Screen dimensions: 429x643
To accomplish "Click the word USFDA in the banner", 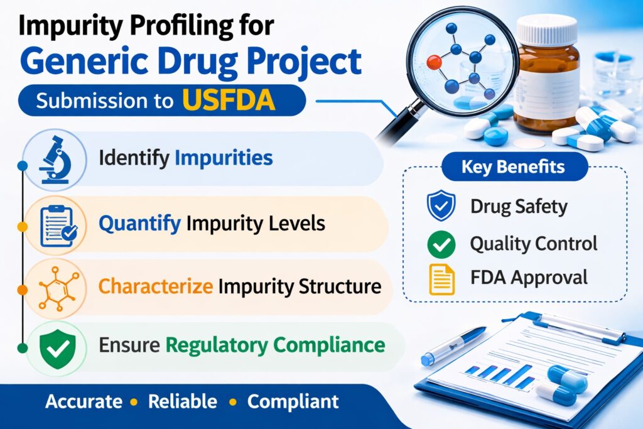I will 229,100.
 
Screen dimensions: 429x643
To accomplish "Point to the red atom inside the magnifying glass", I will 433,62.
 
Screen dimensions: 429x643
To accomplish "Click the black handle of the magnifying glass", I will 393,126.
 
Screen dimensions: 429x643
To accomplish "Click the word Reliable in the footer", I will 182,402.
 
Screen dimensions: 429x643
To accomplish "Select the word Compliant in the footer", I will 293,402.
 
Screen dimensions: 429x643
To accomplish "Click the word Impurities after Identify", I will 224,158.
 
